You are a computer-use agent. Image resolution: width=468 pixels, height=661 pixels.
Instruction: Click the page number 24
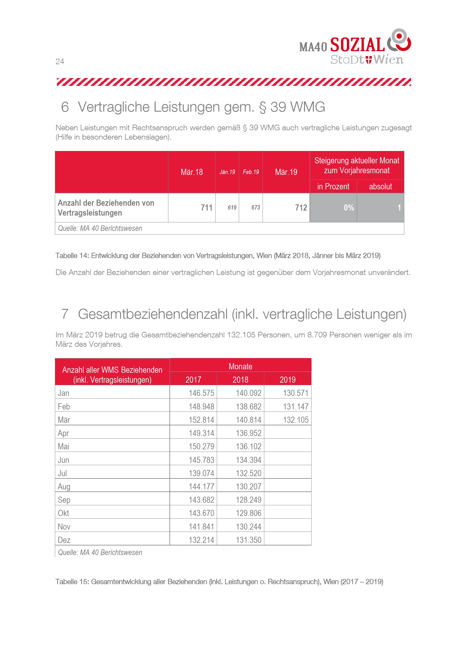60,62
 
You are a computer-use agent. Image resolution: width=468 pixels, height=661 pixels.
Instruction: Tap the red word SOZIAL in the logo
357,45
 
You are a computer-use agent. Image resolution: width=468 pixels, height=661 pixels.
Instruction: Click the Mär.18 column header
192,172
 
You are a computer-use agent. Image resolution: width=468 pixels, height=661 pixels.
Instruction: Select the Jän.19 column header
227,172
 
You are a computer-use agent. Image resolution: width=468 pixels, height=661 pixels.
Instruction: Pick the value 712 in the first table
301,208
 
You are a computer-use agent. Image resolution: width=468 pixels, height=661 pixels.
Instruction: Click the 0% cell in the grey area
349,208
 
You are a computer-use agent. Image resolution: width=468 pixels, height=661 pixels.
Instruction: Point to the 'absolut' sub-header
380,187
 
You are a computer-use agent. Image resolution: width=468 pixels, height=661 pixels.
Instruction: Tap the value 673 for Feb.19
256,208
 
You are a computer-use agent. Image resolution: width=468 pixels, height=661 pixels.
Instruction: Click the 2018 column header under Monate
240,380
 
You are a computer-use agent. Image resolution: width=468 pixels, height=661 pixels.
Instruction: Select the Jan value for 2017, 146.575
201,393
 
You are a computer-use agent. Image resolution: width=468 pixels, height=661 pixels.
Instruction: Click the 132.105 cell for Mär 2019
296,420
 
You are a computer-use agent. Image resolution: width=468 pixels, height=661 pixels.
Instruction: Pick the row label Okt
63,513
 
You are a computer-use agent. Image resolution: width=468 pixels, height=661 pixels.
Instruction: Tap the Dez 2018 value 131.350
248,540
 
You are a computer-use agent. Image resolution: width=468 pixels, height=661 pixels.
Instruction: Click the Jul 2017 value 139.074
201,473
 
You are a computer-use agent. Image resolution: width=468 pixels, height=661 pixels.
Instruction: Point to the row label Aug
64,487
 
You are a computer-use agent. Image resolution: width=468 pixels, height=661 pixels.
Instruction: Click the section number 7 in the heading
65,314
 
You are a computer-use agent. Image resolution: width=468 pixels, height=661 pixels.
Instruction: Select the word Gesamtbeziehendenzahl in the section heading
153,314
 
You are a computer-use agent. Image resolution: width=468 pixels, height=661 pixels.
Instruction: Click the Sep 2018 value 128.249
248,500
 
